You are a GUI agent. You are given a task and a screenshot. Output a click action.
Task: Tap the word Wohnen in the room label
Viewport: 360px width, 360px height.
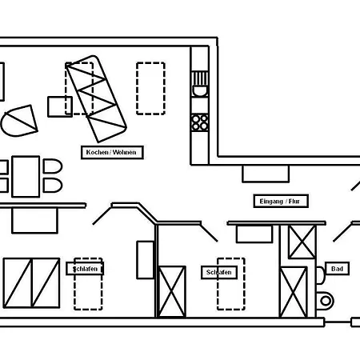pyautogui.click(x=124, y=152)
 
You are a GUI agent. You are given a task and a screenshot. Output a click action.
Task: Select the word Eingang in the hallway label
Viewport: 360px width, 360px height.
pyautogui.click(x=271, y=202)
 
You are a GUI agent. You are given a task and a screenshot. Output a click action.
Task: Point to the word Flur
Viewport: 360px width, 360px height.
pyautogui.click(x=294, y=202)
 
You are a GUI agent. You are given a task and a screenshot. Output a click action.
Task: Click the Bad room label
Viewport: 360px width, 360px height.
pyautogui.click(x=337, y=269)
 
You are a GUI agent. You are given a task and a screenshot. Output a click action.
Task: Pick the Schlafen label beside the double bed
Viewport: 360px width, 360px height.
pyautogui.click(x=85, y=269)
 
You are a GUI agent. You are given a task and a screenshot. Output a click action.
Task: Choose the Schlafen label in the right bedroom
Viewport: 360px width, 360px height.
pyautogui.click(x=219, y=272)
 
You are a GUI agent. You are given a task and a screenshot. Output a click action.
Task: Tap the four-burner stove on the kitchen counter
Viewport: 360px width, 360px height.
pyautogui.click(x=200, y=122)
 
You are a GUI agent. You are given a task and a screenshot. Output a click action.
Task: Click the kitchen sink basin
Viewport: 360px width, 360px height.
pyautogui.click(x=200, y=91)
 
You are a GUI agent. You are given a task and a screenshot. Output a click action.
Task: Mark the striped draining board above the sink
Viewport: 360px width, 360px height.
pyautogui.click(x=200, y=78)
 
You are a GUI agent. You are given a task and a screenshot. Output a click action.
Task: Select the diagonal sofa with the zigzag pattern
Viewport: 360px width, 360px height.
pyautogui.click(x=96, y=98)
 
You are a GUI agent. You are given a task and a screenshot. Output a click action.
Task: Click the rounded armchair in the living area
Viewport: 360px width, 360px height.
pyautogui.click(x=19, y=121)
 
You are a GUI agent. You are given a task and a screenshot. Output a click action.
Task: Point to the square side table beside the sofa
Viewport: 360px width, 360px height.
pyautogui.click(x=60, y=106)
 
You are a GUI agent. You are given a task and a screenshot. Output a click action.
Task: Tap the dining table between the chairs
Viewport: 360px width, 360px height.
pyautogui.click(x=26, y=177)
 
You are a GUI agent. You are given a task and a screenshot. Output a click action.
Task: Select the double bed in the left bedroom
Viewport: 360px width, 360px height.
pyautogui.click(x=31, y=282)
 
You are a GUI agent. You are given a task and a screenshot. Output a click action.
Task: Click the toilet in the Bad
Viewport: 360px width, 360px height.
pyautogui.click(x=325, y=301)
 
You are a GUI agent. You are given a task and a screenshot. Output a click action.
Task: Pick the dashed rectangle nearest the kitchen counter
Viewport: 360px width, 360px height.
pyautogui.click(x=150, y=89)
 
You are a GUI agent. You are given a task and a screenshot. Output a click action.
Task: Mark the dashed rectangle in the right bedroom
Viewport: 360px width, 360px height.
pyautogui.click(x=231, y=284)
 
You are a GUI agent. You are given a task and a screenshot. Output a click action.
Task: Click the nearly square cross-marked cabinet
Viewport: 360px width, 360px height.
pyautogui.click(x=302, y=242)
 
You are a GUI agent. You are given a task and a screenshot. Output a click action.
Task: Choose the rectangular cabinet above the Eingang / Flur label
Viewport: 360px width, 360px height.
pyautogui.click(x=266, y=174)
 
